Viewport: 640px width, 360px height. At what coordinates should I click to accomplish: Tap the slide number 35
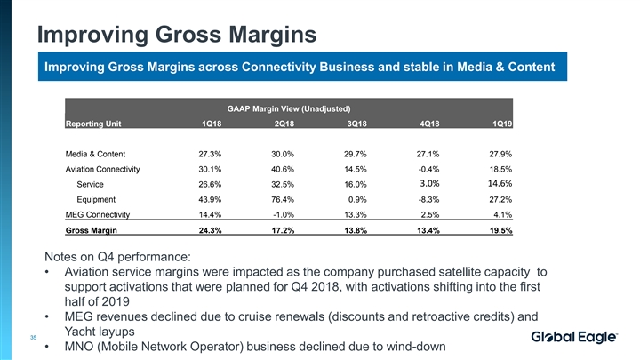[x=33, y=337]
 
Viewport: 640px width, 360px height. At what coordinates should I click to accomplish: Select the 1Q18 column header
[x=212, y=124]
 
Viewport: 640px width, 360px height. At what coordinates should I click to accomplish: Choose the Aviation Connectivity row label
[x=108, y=169]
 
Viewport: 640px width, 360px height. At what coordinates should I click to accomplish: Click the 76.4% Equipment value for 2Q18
[x=284, y=199]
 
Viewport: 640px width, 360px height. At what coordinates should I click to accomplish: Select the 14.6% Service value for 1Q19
[x=499, y=184]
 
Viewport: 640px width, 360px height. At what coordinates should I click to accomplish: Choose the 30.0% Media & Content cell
[x=284, y=153]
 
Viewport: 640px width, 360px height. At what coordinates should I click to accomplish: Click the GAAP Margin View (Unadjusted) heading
[x=285, y=108]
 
